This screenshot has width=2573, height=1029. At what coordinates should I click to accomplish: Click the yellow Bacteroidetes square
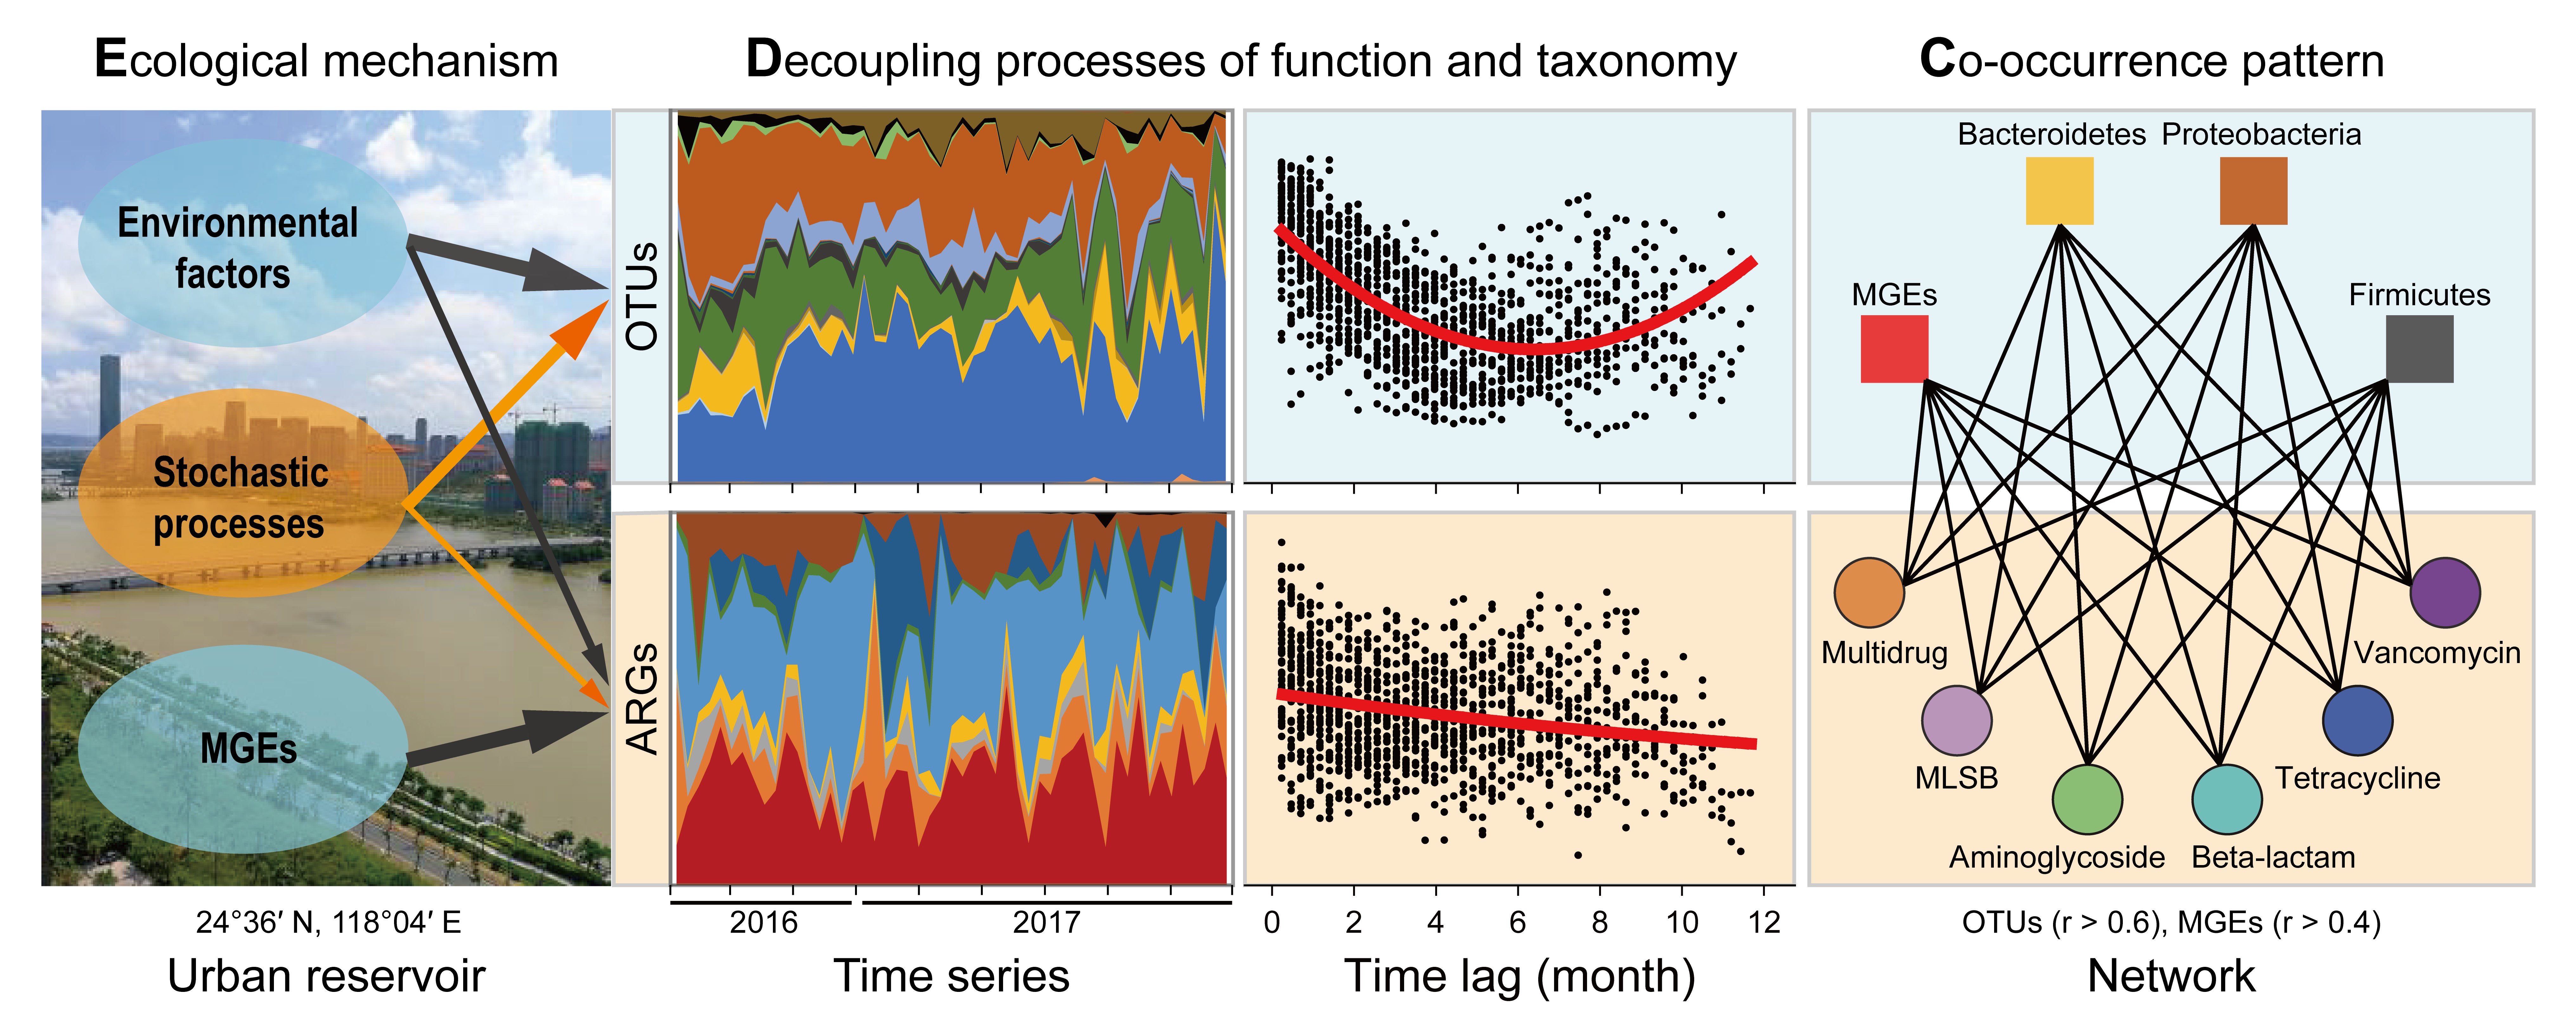click(2060, 191)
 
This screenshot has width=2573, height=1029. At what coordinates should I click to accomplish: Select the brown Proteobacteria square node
click(2253, 191)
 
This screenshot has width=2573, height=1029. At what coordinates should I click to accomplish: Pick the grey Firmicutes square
click(2419, 349)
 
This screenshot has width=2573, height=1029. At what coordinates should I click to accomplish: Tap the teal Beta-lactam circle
click(2227, 799)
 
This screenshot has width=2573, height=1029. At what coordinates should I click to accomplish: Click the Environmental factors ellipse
click(243, 243)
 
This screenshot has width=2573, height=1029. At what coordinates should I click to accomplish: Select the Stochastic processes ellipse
click(243, 493)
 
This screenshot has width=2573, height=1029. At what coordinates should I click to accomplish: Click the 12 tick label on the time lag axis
click(1764, 921)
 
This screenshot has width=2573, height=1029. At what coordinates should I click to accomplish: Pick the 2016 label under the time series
click(763, 921)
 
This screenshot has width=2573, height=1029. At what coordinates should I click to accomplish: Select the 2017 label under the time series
click(1046, 921)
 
